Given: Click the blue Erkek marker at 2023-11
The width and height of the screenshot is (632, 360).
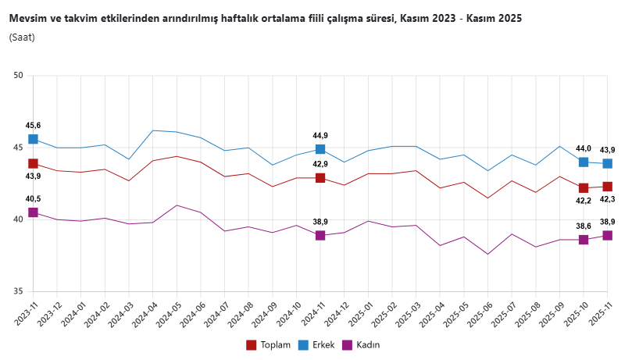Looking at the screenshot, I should [34, 139].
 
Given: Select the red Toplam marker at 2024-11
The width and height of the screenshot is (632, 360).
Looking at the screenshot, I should [320, 178].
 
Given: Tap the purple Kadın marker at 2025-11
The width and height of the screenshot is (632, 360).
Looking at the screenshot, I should [607, 235].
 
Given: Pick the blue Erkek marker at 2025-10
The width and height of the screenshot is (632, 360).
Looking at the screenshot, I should [584, 162].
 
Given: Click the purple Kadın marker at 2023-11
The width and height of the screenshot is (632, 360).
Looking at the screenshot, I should [34, 212].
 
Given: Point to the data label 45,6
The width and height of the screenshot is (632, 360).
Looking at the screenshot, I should [34, 125].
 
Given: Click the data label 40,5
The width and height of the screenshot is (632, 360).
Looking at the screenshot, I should [34, 198].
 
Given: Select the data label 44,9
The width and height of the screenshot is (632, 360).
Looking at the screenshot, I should [320, 135].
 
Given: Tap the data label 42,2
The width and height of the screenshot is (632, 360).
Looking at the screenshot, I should [584, 201].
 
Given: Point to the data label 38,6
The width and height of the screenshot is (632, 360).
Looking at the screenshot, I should [584, 226].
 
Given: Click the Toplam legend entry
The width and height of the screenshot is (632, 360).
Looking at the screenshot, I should [269, 344].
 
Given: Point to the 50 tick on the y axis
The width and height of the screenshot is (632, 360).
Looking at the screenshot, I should [19, 76].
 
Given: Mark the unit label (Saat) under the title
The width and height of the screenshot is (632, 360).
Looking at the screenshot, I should [22, 37].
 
